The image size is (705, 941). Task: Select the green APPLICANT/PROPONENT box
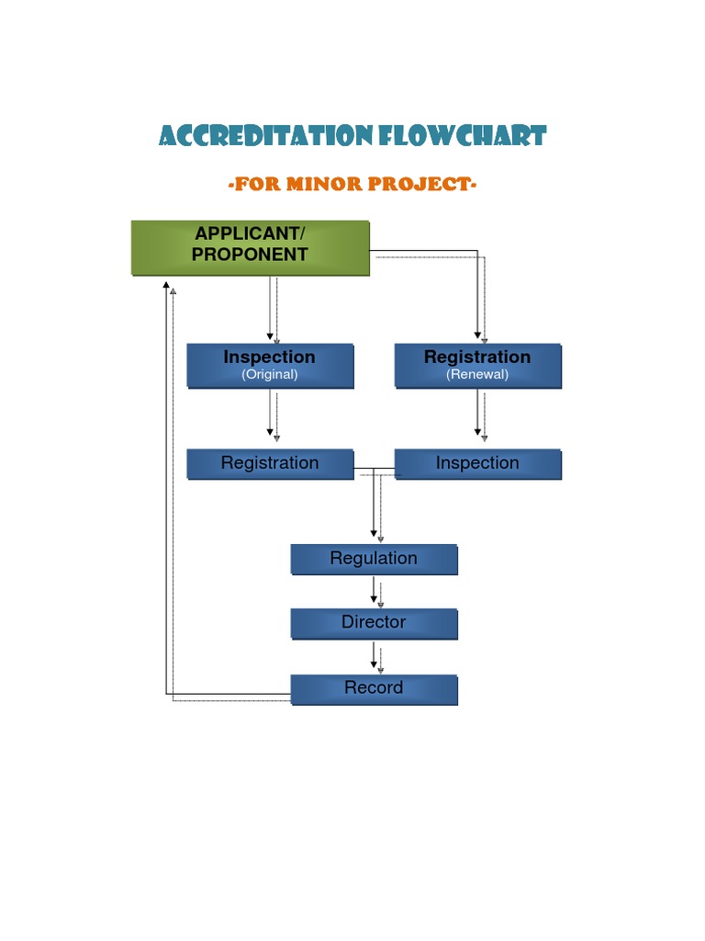click(x=250, y=247)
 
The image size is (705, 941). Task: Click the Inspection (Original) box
click(x=270, y=365)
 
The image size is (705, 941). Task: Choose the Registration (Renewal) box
click(x=477, y=365)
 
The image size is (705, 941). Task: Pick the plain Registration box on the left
click(x=270, y=464)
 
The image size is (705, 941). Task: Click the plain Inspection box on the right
click(x=477, y=464)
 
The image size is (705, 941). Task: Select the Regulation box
click(x=374, y=559)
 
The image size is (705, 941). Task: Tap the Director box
click(x=374, y=623)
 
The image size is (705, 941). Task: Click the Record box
click(x=374, y=688)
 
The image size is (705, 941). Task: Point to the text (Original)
click(x=270, y=375)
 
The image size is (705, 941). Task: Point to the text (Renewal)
click(x=477, y=375)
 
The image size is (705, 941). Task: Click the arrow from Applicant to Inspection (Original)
click(x=271, y=308)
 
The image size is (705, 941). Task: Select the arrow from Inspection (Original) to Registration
click(x=271, y=414)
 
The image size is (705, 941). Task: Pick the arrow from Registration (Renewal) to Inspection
click(x=478, y=414)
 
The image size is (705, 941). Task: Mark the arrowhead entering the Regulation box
click(x=375, y=533)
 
